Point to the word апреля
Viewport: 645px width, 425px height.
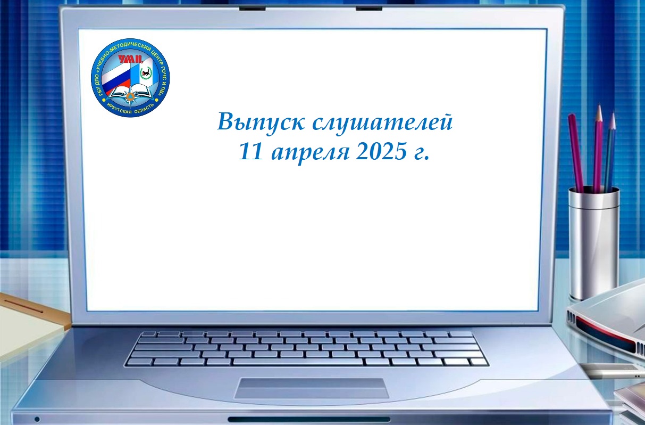click(x=311, y=153)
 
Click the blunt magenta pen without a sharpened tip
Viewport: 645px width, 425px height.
click(x=576, y=153)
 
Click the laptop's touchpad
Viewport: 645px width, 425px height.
click(x=311, y=388)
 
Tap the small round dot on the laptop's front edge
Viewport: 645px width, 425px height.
click(x=37, y=419)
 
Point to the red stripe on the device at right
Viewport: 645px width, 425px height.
click(x=608, y=334)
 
